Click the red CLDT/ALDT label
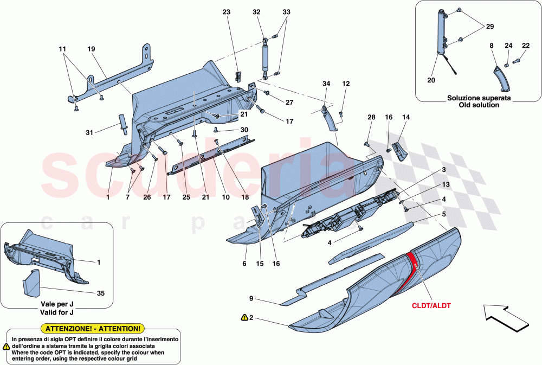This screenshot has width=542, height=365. coord(431,306)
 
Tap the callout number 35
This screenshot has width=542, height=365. coord(101,293)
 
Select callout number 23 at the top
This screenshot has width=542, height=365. coord(227,11)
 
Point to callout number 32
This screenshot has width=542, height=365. coord(256,11)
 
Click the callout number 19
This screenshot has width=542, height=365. coord(91,49)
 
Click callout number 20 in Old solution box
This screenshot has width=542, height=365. coord(431,80)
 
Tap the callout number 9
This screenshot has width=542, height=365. coord(251,298)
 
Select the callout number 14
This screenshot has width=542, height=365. coord(406,117)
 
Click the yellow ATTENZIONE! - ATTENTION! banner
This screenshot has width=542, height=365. coord(93,329)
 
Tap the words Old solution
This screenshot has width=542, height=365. coord(479,105)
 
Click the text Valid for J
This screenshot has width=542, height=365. coord(57,313)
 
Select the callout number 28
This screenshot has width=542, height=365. coord(371,117)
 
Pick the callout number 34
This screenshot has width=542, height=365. coord(326,84)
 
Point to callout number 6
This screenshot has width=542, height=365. coord(244,264)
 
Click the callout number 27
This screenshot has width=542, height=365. coord(289,102)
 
